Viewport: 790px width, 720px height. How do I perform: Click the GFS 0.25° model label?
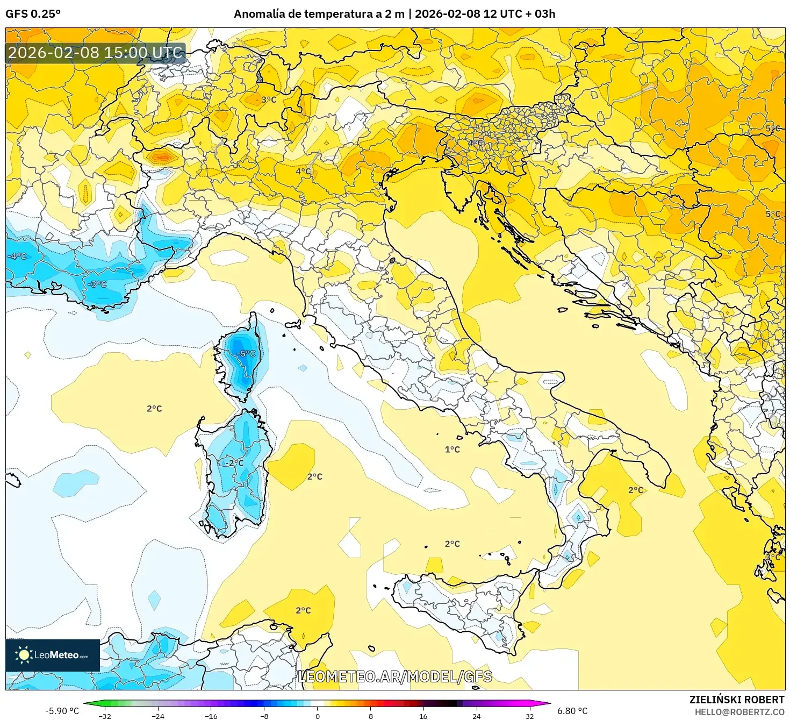(x=33, y=14)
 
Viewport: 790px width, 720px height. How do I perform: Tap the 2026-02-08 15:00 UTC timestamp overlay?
(x=95, y=53)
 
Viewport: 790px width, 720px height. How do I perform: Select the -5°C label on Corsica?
(x=246, y=354)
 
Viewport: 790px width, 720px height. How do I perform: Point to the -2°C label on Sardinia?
(x=234, y=463)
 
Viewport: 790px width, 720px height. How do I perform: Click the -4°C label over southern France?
(x=17, y=256)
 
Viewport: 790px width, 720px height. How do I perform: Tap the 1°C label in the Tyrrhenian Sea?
(x=452, y=450)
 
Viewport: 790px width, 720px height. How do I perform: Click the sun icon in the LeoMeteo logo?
(x=24, y=655)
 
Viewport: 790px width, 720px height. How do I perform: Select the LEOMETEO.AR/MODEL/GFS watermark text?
(x=394, y=676)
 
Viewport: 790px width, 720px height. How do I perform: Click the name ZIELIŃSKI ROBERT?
(x=736, y=700)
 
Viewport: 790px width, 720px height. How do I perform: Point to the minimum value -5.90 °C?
(x=62, y=711)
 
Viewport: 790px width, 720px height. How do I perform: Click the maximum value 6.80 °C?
(x=572, y=711)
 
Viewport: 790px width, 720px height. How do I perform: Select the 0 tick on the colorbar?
(x=317, y=716)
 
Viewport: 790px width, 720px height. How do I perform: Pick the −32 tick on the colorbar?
(x=105, y=716)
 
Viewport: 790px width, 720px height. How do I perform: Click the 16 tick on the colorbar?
(x=423, y=716)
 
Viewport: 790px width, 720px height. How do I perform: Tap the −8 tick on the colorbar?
(x=264, y=716)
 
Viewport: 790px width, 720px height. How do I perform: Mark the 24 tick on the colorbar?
(x=476, y=716)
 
